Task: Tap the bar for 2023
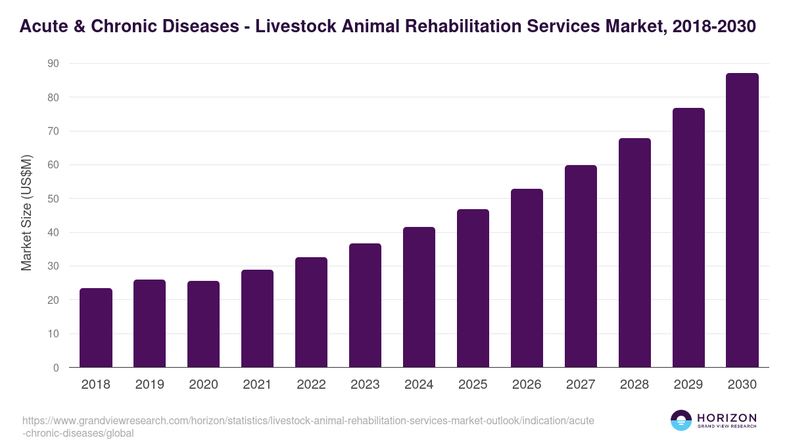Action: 366,305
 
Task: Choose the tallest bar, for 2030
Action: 742,220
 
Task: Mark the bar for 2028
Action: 634,253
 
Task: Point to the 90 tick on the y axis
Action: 53,64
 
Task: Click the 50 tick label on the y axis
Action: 53,199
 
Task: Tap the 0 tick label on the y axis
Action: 56,368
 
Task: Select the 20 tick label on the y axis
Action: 53,300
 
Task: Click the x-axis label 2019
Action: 150,385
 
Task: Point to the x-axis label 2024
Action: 419,385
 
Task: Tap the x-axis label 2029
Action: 688,385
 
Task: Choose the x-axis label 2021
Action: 258,385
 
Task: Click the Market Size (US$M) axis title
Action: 26,213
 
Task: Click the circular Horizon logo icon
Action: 681,421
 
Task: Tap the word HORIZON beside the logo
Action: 727,418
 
